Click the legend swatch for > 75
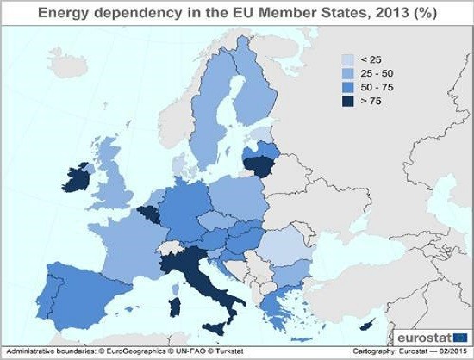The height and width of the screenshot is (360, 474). pos(349,101)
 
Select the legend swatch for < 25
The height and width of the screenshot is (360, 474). pos(349,59)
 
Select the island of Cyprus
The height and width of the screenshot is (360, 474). pos(369,326)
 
